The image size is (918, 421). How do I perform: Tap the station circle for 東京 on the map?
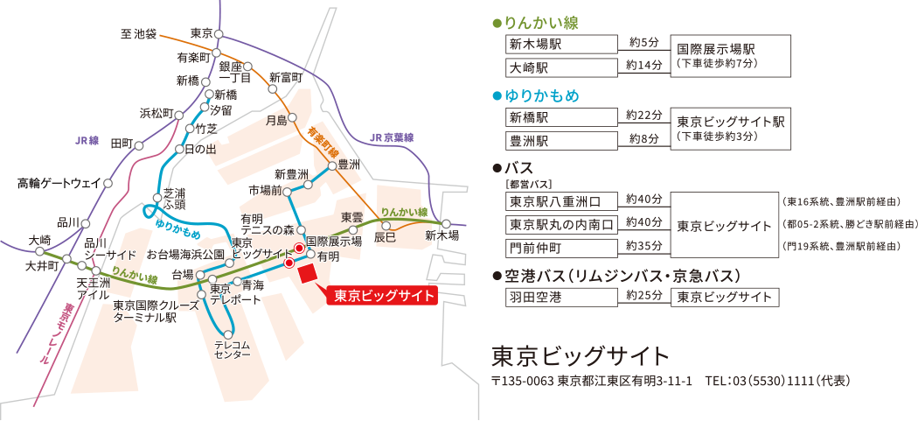[219, 34]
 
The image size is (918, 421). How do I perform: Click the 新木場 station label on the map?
[442, 236]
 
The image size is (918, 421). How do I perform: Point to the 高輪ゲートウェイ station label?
[59, 184]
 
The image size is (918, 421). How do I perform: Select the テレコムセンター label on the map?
[232, 349]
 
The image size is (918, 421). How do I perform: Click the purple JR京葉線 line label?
[391, 137]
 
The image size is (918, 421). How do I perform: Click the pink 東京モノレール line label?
[56, 333]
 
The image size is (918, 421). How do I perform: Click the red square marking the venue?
[308, 272]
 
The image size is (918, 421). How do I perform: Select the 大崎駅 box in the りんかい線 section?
[560, 67]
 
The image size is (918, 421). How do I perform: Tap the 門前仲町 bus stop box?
[560, 247]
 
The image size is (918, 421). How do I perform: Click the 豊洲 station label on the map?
[349, 164]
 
